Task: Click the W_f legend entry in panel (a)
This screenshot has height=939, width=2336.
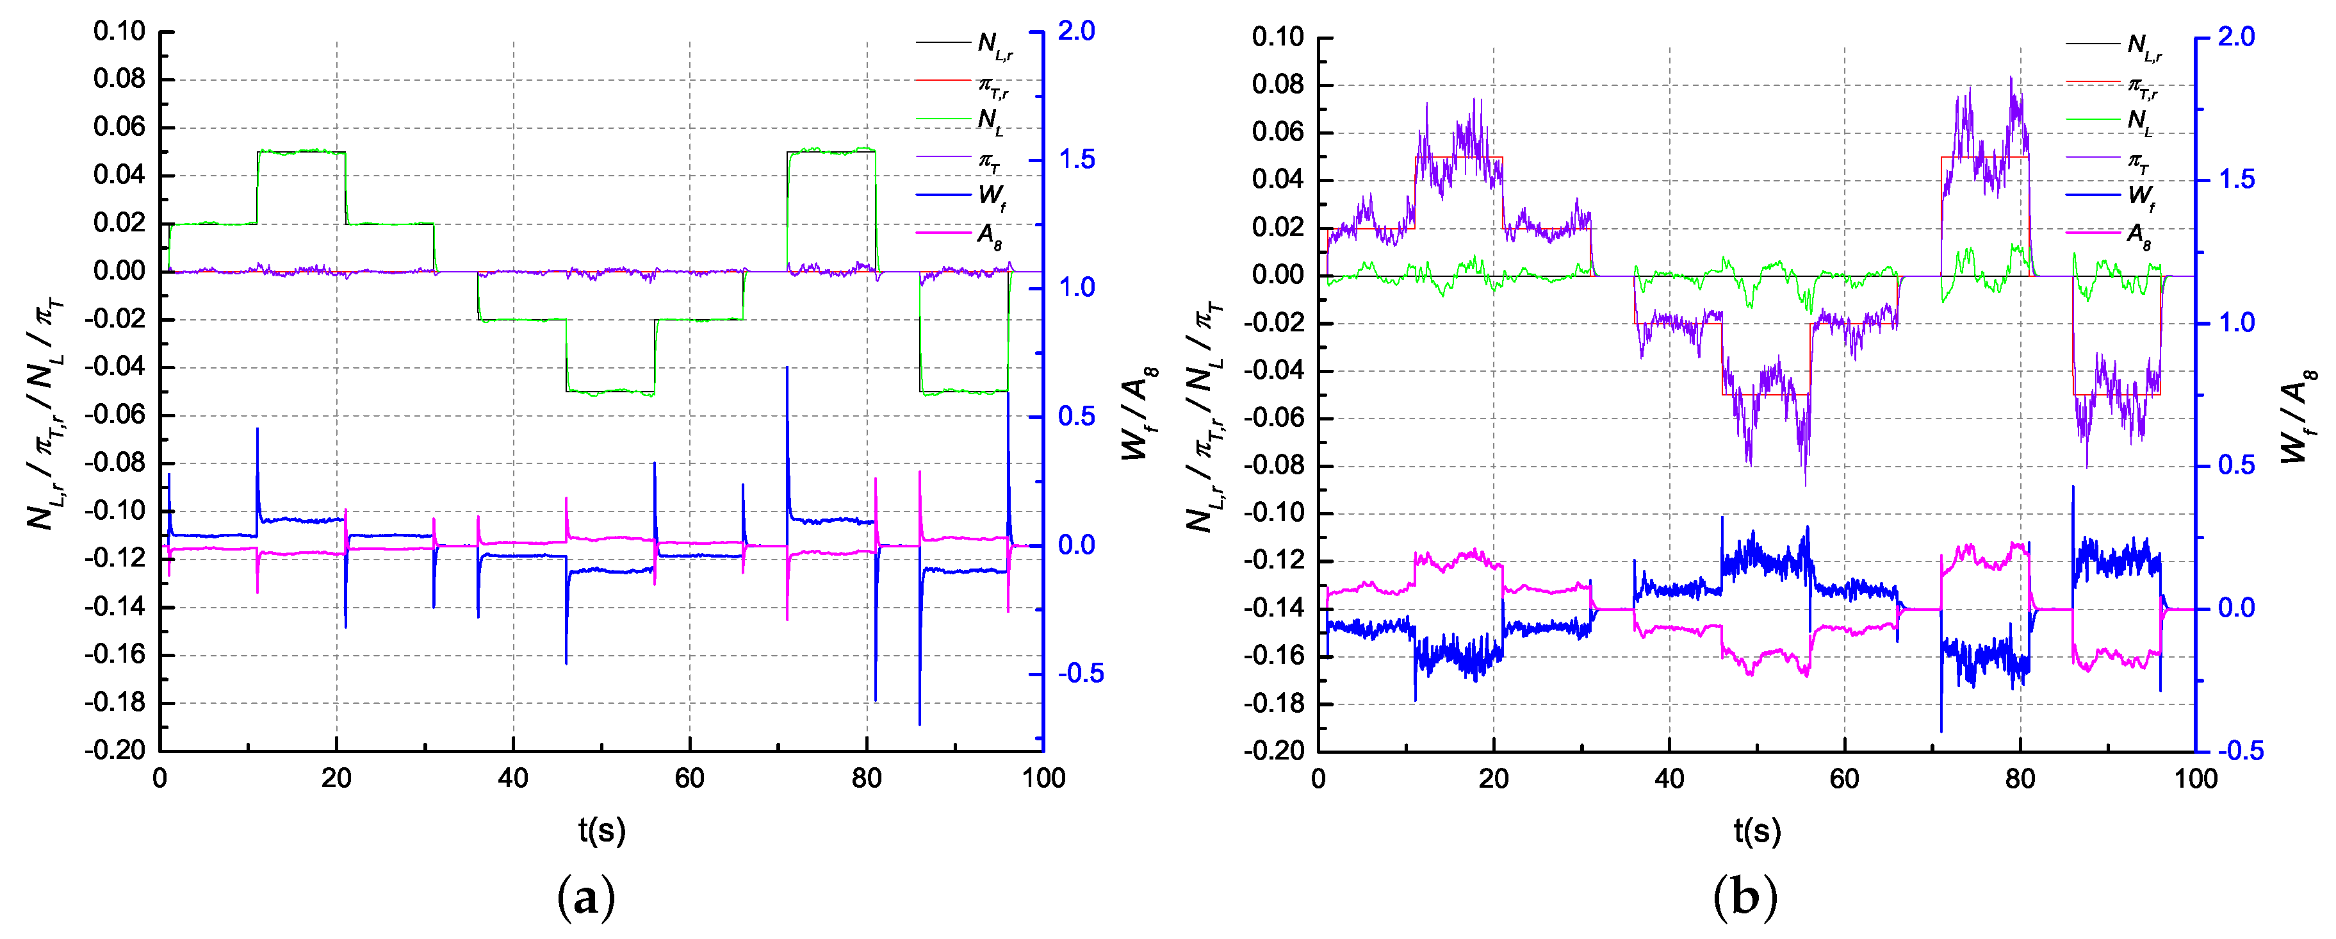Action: point(990,196)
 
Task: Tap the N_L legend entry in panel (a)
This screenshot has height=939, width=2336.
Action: point(990,120)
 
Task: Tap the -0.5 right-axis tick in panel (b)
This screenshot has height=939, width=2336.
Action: point(2240,751)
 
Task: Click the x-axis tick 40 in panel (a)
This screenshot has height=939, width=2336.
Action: point(513,778)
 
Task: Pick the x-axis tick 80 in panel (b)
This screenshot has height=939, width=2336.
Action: point(2020,778)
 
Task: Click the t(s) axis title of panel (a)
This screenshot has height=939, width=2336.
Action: point(602,830)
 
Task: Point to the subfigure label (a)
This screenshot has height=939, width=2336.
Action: point(586,898)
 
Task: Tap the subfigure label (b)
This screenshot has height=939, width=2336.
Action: point(1745,898)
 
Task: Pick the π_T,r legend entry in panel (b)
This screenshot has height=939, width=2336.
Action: point(2143,86)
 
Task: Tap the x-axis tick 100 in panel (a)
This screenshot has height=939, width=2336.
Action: point(1043,778)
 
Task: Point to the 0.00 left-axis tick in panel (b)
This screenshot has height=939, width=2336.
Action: point(1278,275)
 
